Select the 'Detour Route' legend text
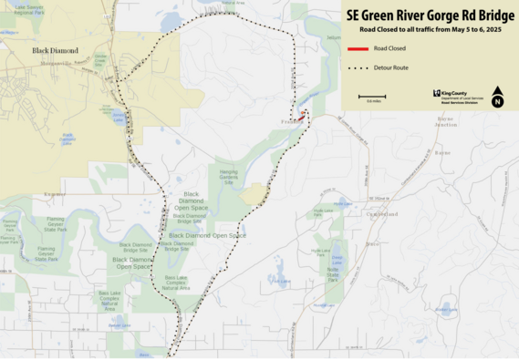pyautogui.click(x=390, y=67)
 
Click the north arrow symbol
pyautogui.click(x=497, y=96)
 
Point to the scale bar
pyautogui.click(x=371, y=96)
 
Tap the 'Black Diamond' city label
pyautogui.click(x=54, y=51)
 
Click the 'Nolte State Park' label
pyautogui.click(x=333, y=273)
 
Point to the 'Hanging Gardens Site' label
pyautogui.click(x=228, y=176)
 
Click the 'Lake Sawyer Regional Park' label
pyautogui.click(x=28, y=11)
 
